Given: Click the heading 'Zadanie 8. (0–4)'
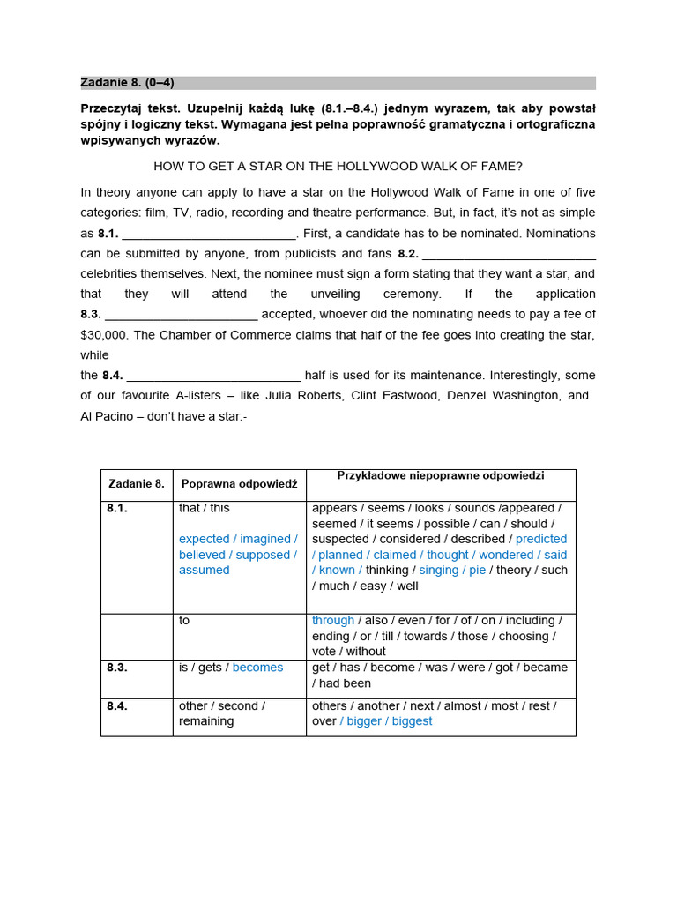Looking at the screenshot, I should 128,83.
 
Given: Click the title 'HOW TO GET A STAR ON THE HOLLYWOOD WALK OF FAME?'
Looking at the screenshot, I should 338,166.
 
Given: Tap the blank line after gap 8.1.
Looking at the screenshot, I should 210,235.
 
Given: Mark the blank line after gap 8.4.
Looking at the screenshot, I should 213,376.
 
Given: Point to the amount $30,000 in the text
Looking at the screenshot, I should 104,335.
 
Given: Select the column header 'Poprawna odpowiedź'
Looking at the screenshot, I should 239,484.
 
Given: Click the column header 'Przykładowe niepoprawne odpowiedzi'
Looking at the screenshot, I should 441,476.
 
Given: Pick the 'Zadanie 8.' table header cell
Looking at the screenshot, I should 137,484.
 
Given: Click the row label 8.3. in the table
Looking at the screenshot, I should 117,668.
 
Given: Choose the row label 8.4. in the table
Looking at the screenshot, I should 117,706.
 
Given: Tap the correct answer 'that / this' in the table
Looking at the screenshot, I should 204,509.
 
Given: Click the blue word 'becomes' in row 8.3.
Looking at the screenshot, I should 257,668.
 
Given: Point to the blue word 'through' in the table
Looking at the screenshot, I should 333,621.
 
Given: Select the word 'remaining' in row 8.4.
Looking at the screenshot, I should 206,721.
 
